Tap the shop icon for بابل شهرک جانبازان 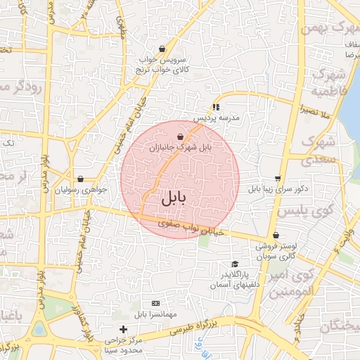181,136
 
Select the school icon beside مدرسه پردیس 216,107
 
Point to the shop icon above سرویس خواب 162,49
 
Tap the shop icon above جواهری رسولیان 81,179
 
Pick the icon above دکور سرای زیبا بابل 278,179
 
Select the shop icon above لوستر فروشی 275,236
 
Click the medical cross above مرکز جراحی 123,329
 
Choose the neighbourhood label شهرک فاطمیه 328,83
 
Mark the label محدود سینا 123,349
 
